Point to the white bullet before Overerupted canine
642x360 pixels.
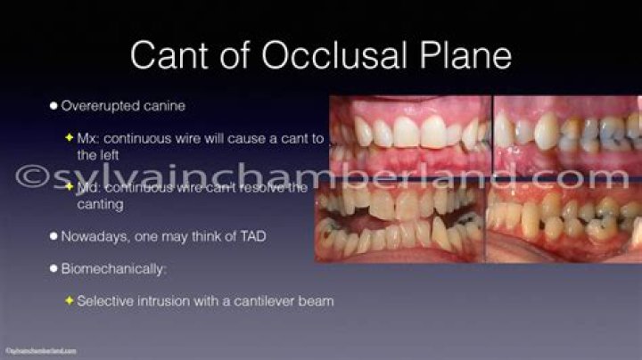pos(53,106)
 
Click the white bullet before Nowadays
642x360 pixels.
pos(53,236)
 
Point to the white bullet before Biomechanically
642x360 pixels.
pos(53,268)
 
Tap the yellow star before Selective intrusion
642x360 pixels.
pos(70,300)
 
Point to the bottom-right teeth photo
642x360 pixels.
pos(564,224)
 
